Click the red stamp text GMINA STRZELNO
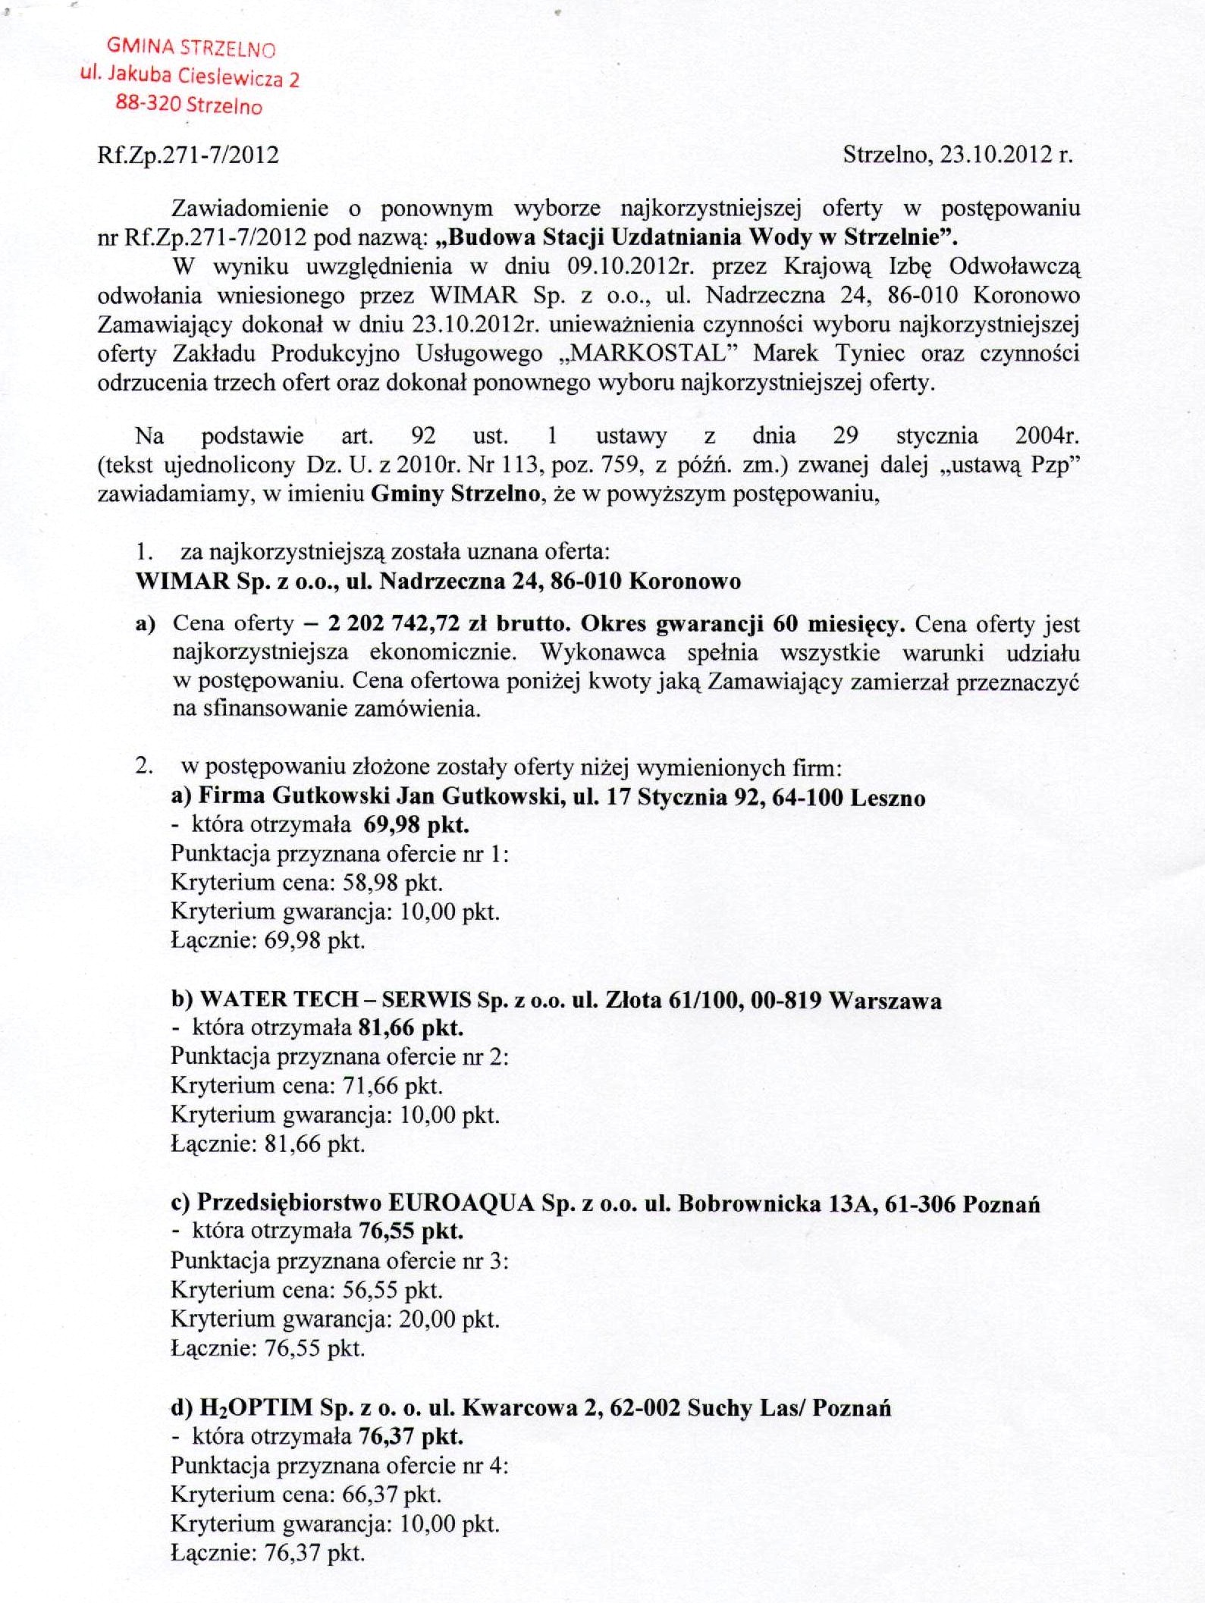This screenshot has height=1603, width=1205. click(191, 48)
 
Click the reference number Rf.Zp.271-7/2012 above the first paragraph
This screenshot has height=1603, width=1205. click(188, 155)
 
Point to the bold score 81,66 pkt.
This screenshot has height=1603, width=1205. click(410, 1028)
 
